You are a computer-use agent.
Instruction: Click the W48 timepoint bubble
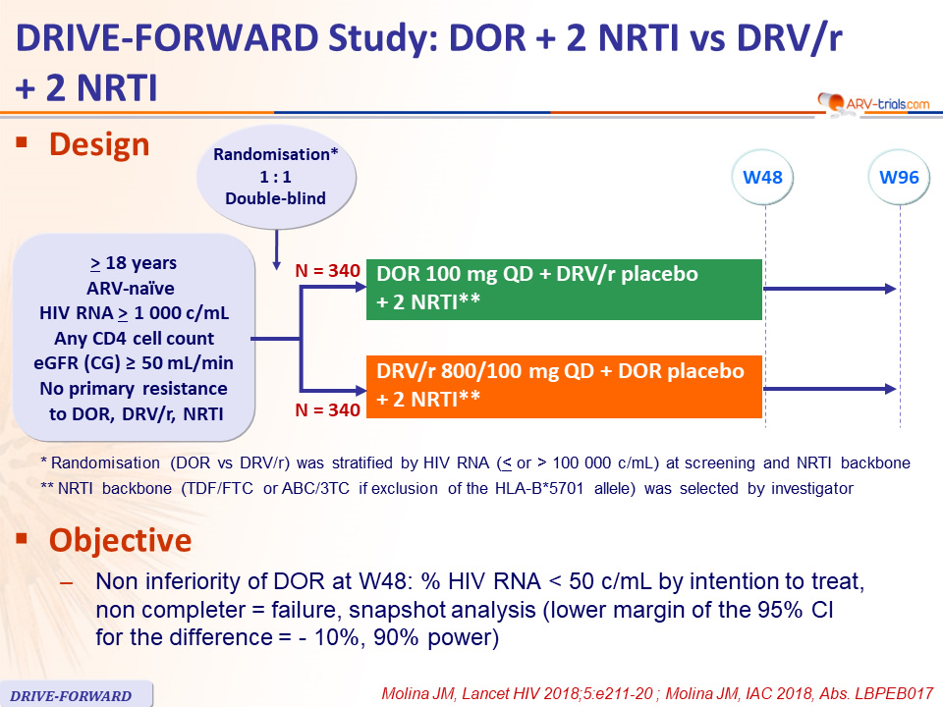762,178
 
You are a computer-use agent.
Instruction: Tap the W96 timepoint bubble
899,178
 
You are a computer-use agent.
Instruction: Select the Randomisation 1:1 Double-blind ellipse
276,177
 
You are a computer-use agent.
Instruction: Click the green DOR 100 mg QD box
564,289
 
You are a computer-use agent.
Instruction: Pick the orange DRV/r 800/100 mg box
564,387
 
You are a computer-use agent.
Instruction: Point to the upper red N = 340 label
328,271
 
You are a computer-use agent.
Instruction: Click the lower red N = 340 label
328,410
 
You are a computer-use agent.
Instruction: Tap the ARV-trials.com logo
873,103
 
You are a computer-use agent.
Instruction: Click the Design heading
99,145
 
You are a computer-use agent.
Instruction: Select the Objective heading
120,540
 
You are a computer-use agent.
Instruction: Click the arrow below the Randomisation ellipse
277,249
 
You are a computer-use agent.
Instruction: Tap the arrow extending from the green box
830,289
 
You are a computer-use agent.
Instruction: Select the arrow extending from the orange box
830,389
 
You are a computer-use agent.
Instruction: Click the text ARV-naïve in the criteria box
131,288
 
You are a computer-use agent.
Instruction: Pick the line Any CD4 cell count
135,339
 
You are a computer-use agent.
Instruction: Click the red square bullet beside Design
23,142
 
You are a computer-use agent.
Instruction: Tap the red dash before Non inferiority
67,582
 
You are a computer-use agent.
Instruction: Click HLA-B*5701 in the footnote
539,488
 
